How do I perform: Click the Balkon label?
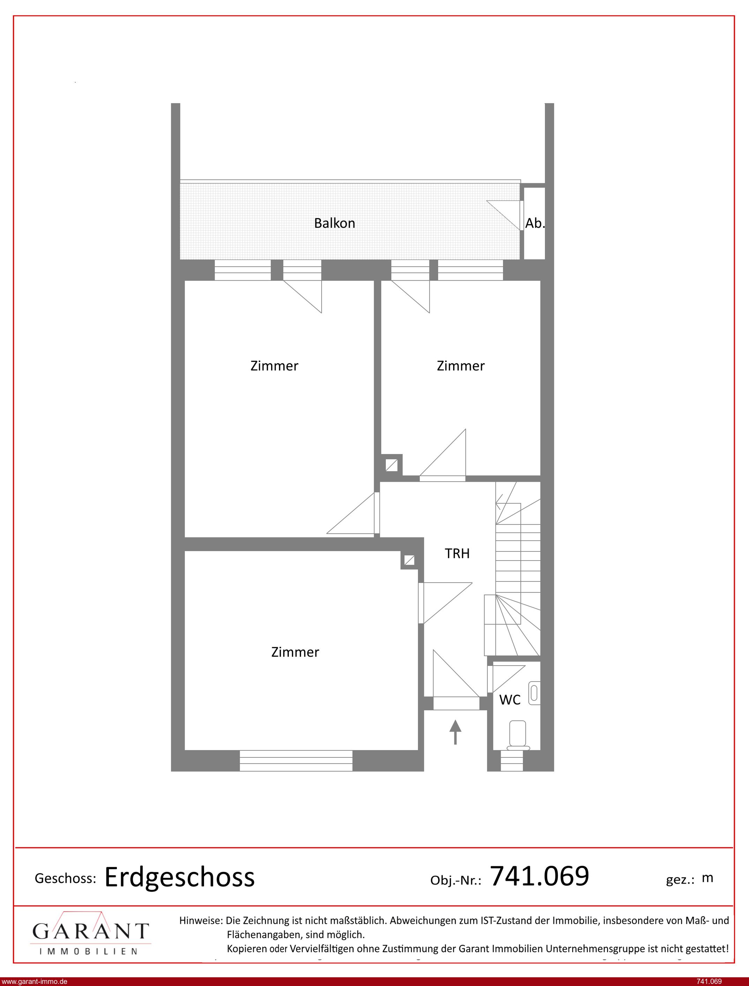(334, 223)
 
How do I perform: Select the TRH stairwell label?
(457, 554)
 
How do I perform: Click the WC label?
(510, 700)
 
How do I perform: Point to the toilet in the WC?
(518, 734)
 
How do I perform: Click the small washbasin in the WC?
(534, 694)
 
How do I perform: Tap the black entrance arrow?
(455, 732)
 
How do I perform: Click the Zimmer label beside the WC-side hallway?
(295, 652)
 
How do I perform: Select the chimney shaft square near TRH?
(409, 560)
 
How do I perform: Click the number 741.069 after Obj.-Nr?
(539, 875)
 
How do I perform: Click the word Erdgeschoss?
(180, 877)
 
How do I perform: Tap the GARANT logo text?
(90, 931)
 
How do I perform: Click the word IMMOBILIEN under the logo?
(88, 951)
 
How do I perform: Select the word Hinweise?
(201, 920)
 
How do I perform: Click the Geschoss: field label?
(66, 878)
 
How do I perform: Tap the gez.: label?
(680, 880)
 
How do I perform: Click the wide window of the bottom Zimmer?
(296, 761)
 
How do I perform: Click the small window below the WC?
(512, 761)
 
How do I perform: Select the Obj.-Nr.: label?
(456, 880)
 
